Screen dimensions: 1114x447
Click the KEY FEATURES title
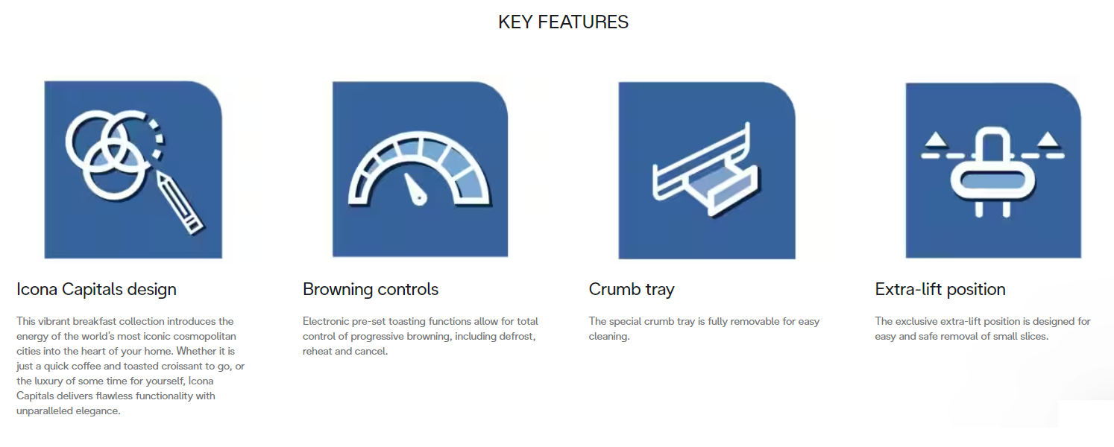tap(563, 22)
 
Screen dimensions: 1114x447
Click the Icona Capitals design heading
tap(96, 289)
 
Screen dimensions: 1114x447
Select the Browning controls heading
tap(371, 289)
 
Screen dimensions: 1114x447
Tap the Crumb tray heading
tap(632, 289)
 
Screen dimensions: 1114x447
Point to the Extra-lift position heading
tap(940, 289)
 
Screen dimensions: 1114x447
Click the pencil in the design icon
tap(180, 202)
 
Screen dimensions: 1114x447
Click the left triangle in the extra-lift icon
tap(936, 139)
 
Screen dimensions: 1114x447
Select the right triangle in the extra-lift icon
tap(1049, 139)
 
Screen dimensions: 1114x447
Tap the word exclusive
tap(916, 321)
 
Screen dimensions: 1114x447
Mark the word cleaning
tap(609, 337)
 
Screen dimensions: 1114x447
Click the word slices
tap(1034, 336)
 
